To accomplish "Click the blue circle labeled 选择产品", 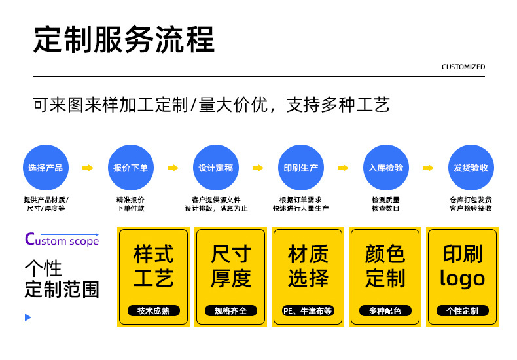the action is coord(46,168).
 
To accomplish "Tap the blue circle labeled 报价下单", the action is coord(131,168).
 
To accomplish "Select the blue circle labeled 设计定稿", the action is coord(216,168).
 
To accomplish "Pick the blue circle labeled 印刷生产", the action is coord(301,168).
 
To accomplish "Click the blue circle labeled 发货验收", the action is coord(471,168).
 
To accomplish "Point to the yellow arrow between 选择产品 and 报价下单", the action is coord(88,168).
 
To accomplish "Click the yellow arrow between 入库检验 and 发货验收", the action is coord(428,168).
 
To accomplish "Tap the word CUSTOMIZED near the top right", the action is coord(463,67).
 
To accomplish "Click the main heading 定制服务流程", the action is coord(124,40).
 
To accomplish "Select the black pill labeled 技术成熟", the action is coord(153,311).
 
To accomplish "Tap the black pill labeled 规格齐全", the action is coord(230,311).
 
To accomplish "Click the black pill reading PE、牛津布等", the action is coord(308,311).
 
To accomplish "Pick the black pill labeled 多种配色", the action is coord(385,311).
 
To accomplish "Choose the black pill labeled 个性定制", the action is coord(462,311).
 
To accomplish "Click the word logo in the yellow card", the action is coord(462,278).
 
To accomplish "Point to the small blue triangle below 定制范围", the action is coord(27,317).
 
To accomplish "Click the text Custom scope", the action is coord(62,240).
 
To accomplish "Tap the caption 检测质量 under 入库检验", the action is coord(385,200).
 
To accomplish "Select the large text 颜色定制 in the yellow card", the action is coord(385,266).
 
